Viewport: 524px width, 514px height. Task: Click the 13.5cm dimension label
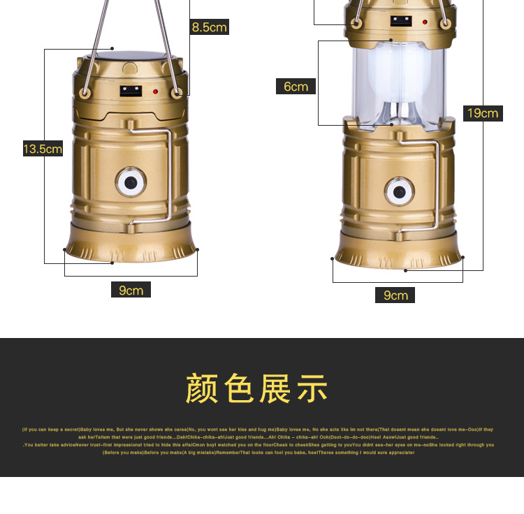click(x=43, y=149)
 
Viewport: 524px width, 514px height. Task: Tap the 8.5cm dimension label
click(x=210, y=27)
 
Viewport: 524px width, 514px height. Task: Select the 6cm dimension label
click(x=296, y=87)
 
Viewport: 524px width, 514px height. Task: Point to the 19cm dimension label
click(x=483, y=113)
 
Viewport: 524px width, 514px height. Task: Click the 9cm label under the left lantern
click(x=131, y=290)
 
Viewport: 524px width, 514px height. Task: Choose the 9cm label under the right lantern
click(x=395, y=295)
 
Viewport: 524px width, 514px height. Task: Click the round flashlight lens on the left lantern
click(x=131, y=182)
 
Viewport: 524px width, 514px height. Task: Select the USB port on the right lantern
click(x=401, y=21)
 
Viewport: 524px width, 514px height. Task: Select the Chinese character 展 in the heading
click(x=275, y=389)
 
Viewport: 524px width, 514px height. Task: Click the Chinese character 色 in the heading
click(x=238, y=389)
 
